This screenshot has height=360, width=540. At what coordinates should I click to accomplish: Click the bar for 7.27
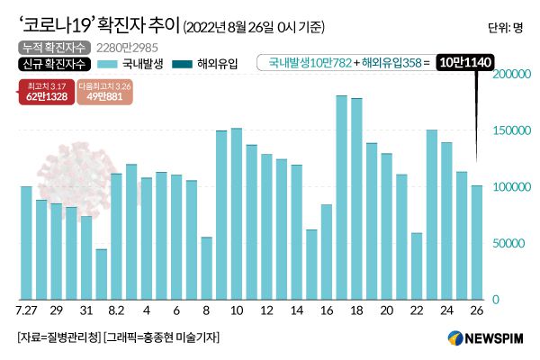26,242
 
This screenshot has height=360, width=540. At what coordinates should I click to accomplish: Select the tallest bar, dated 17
342,197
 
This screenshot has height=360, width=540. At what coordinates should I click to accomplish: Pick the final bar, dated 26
477,242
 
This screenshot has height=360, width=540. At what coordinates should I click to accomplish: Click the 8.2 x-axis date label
116,310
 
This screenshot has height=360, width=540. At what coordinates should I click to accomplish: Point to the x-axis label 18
356,310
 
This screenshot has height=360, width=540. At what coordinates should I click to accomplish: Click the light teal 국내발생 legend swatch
115,64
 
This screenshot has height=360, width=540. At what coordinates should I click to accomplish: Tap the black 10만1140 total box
464,63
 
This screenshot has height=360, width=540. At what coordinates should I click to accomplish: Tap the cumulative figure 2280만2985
112,47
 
